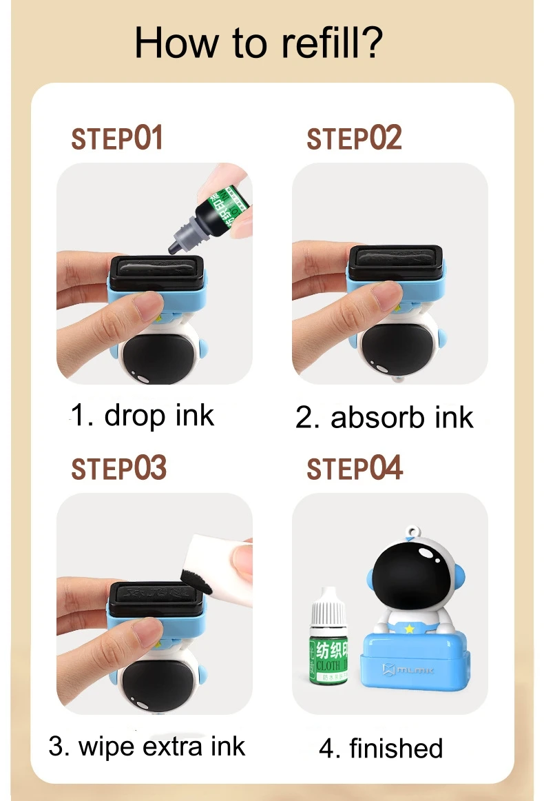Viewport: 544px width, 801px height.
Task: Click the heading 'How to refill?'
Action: tap(258, 43)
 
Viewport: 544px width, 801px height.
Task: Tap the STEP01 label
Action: tap(117, 138)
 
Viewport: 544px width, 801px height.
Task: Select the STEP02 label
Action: tap(354, 138)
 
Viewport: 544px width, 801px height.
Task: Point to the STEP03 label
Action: tap(118, 469)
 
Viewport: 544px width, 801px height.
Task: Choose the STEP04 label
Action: tap(355, 469)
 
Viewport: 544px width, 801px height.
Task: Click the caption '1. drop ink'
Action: tap(143, 416)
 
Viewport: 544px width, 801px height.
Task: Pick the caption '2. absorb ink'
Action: tap(384, 418)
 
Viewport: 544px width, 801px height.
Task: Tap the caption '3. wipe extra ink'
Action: tap(147, 747)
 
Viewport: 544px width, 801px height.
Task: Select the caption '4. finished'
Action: tap(381, 749)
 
